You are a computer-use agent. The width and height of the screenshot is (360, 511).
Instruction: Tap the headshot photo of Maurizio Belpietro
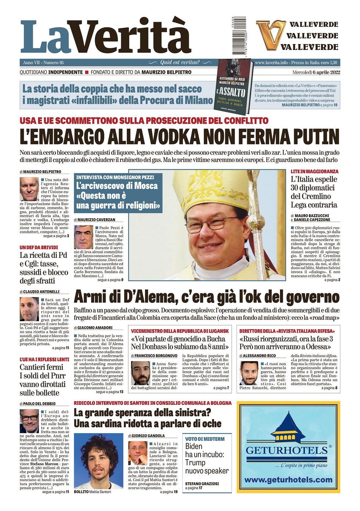pos(29,189)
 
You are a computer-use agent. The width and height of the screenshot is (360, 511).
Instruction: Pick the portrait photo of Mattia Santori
pos(98,461)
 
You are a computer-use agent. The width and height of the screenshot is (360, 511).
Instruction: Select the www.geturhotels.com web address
pos(288,480)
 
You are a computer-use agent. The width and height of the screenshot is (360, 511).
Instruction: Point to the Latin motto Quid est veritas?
pos(180,62)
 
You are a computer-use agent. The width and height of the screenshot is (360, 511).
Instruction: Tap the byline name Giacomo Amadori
pos(95,328)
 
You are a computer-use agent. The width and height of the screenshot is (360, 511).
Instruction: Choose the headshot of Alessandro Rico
pos(249,373)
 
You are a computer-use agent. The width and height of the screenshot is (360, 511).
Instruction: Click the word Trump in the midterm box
pos(195,463)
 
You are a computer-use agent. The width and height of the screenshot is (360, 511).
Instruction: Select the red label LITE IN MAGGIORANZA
pos(314,172)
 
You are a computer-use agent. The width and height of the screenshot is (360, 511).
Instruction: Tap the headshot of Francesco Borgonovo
pos(141,373)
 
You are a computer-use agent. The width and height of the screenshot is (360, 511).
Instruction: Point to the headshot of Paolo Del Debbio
pos(29,421)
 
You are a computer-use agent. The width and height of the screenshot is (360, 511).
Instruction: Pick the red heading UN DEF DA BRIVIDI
pos(39,248)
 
